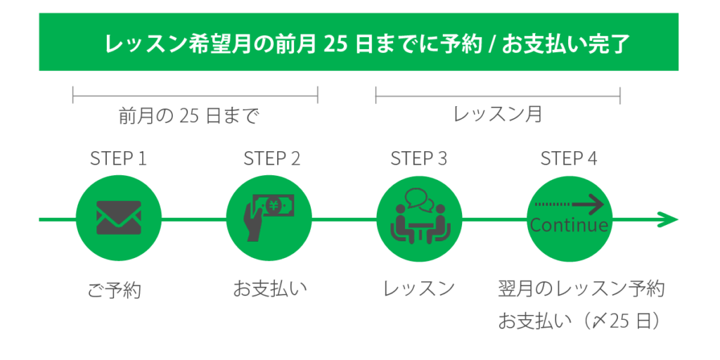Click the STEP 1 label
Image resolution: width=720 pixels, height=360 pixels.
(x=118, y=158)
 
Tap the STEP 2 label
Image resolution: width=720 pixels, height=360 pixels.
(x=271, y=158)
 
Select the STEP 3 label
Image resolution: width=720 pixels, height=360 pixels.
(x=418, y=158)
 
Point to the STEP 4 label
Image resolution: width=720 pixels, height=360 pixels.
(x=569, y=158)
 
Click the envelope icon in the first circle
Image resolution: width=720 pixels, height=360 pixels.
(x=118, y=218)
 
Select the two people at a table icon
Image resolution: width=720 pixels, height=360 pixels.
(x=420, y=225)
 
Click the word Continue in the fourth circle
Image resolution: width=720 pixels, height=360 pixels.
(x=569, y=226)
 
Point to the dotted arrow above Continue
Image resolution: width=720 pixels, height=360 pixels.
(x=569, y=205)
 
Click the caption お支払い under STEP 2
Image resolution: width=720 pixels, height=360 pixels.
(x=271, y=289)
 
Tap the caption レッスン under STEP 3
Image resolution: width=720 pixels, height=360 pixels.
(x=419, y=289)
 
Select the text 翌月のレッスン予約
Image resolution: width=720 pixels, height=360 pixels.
(x=581, y=289)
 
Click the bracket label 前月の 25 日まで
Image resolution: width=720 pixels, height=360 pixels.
(x=188, y=115)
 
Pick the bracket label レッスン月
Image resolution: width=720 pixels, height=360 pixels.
(x=498, y=114)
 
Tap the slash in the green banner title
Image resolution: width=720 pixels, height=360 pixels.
(x=494, y=44)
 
